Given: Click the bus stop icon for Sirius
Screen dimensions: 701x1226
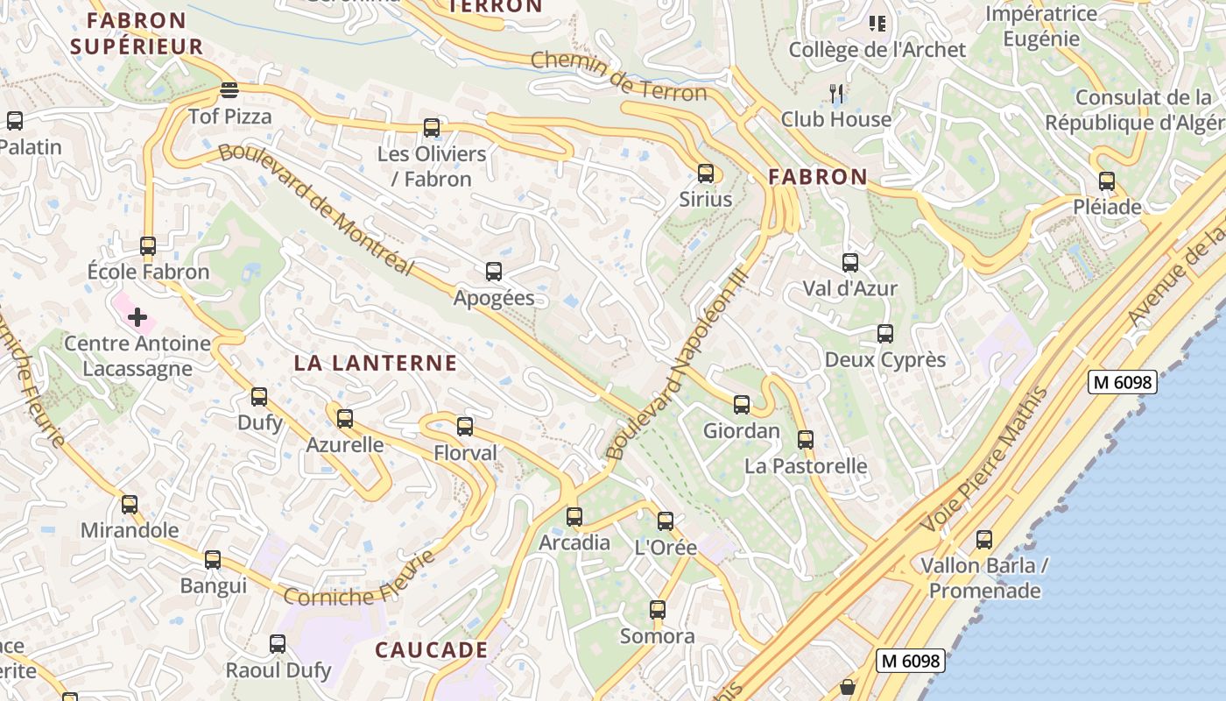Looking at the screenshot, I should [x=706, y=173].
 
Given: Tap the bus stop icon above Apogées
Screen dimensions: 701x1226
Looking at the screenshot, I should [x=494, y=272].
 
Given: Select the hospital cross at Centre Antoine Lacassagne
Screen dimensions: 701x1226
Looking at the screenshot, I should [x=137, y=317].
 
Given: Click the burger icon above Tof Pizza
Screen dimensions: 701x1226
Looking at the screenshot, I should [x=229, y=89].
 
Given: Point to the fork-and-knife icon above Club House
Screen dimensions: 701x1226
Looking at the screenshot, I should [x=836, y=93].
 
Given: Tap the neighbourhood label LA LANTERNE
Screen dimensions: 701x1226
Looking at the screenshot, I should [x=376, y=363].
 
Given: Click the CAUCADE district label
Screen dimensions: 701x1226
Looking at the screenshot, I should [x=432, y=650].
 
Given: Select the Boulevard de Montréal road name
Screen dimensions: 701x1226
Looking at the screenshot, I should [x=315, y=209].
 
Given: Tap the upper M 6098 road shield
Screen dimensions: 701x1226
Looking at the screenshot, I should [x=1123, y=382].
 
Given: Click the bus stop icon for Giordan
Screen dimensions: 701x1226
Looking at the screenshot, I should [x=742, y=405].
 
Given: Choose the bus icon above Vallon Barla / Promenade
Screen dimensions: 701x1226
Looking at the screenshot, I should [x=984, y=540].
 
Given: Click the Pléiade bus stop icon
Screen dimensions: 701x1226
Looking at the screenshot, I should [x=1107, y=181].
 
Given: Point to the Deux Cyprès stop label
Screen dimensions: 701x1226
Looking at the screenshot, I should [x=885, y=359].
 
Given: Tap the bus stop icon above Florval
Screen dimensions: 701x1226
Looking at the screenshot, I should [x=465, y=427].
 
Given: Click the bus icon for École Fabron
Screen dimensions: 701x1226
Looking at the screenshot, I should [x=148, y=246].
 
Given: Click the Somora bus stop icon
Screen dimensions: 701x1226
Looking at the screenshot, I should [x=658, y=610].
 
